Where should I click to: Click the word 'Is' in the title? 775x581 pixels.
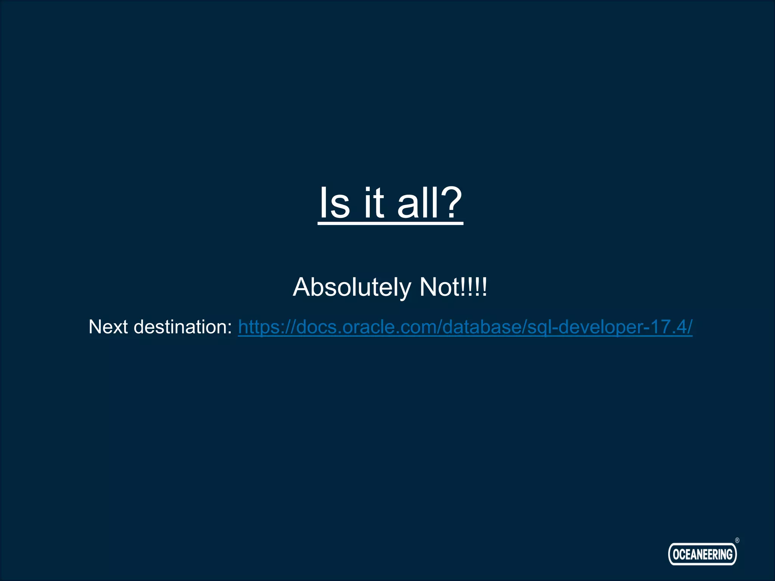335,203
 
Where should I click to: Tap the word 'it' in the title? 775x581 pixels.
374,203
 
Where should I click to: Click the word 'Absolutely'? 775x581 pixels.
352,287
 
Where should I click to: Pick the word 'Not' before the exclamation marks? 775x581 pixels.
439,287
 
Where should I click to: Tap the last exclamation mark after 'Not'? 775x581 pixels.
485,287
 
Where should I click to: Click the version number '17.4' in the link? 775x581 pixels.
668,327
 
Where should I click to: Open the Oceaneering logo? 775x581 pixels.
702,554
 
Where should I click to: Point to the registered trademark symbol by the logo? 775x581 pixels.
737,541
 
